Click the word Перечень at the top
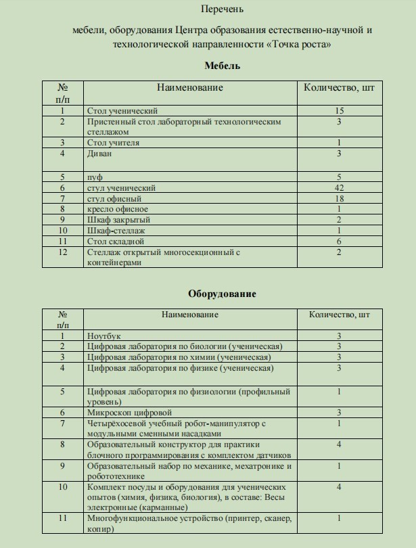pos(223,9)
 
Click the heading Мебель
pos(223,66)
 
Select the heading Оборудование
pos(222,294)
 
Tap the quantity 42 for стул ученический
pos(339,187)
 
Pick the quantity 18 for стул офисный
pos(339,198)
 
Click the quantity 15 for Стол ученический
pos(339,110)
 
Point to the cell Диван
pos(100,154)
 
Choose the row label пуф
pos(94,177)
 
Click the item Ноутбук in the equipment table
pos(104,335)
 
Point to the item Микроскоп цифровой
pos(129,412)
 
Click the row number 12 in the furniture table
pos(63,252)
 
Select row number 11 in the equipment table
pos(63,518)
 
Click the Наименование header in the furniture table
pos(190,87)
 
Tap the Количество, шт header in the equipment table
pos(340,315)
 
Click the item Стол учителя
pos(114,143)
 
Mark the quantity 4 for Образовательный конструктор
pos(339,444)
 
